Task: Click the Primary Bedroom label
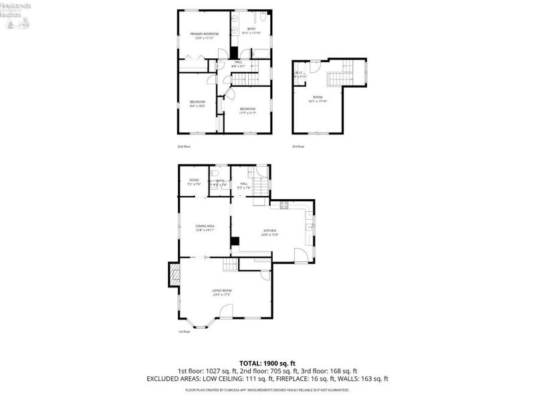(205, 36)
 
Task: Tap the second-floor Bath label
(251, 31)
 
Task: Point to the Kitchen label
(270, 232)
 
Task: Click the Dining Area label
(205, 228)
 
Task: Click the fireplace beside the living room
(174, 274)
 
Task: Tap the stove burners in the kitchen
(284, 206)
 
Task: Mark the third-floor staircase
(339, 74)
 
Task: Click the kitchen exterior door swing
(302, 255)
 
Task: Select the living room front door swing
(225, 311)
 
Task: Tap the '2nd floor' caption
(184, 146)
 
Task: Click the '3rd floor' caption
(298, 146)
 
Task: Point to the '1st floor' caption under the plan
(184, 331)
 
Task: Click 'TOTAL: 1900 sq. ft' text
(267, 362)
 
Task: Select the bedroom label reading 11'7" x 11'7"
(247, 111)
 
